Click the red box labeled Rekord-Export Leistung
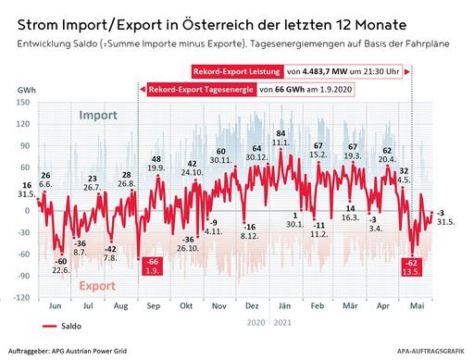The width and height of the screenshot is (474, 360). pyautogui.click(x=237, y=71)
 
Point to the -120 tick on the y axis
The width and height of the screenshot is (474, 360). pyautogui.click(x=20, y=298)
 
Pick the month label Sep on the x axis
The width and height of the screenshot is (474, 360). pyautogui.click(x=154, y=305)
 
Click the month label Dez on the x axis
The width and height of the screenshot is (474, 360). pyautogui.click(x=251, y=305)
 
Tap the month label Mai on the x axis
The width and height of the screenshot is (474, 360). pyautogui.click(x=418, y=305)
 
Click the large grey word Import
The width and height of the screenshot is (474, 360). pyautogui.click(x=98, y=116)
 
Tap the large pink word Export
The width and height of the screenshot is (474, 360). pyautogui.click(x=96, y=285)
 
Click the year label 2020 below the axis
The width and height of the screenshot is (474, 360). pyautogui.click(x=256, y=322)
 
